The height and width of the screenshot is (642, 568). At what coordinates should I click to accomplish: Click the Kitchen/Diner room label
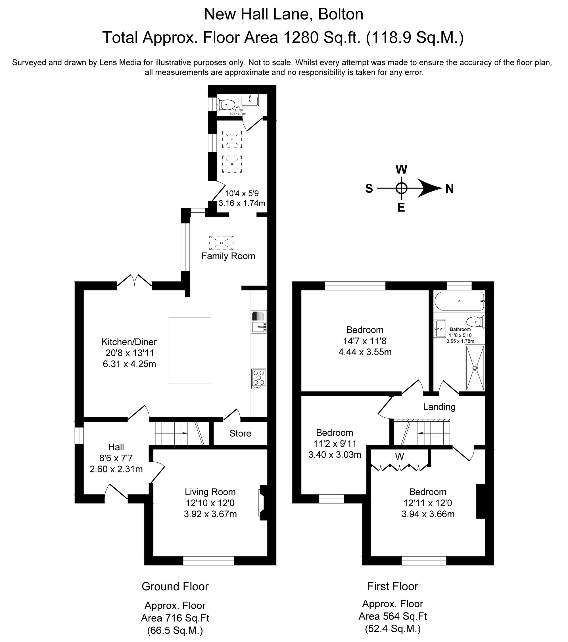tap(129, 342)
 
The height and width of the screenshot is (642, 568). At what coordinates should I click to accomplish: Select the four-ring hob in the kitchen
tap(258, 378)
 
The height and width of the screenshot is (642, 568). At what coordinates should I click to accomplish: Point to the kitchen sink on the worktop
tap(258, 327)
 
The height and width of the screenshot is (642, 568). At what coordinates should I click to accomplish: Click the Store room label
tap(240, 433)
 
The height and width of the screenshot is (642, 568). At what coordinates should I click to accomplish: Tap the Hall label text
tap(116, 447)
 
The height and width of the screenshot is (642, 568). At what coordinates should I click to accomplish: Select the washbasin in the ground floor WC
tap(250, 100)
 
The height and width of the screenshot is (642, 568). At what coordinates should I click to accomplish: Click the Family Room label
tap(228, 256)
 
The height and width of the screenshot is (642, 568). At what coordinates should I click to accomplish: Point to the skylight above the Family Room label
tap(221, 243)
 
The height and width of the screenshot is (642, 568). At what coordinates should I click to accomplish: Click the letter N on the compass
tap(450, 189)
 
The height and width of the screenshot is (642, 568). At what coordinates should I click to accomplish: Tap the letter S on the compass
tap(369, 189)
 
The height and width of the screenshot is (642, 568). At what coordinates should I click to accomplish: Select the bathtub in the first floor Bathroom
tap(460, 301)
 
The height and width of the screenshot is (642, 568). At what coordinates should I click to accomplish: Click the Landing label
tap(439, 407)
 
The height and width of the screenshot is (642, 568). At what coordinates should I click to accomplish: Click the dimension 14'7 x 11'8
tap(365, 341)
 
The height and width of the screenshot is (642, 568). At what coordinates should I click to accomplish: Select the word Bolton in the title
tap(341, 14)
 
